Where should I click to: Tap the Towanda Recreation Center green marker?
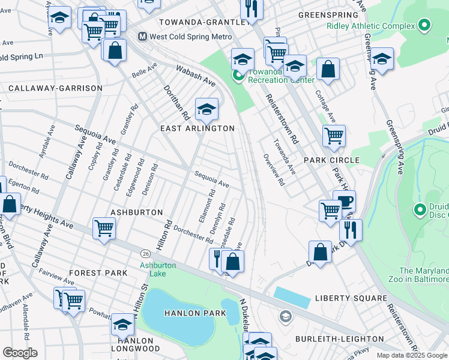click(x=238, y=76)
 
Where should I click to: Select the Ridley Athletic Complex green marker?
click(x=424, y=26)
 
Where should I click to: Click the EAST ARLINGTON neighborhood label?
click(x=197, y=128)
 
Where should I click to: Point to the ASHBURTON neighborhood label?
click(x=137, y=212)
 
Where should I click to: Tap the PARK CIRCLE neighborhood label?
click(x=331, y=160)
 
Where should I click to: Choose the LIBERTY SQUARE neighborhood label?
click(x=351, y=298)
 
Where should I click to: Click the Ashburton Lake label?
click(x=158, y=269)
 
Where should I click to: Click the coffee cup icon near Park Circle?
click(x=344, y=202)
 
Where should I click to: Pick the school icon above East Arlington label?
click(x=206, y=109)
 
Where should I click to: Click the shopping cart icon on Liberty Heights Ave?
click(x=104, y=229)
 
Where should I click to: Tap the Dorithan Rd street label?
click(x=176, y=100)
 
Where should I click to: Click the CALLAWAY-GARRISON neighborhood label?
click(x=55, y=88)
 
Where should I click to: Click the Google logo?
click(x=20, y=353)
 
